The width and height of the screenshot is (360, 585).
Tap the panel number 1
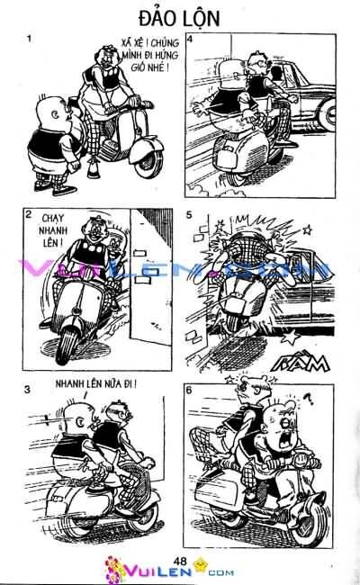(x=30, y=39)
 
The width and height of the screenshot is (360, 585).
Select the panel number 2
(x=30, y=215)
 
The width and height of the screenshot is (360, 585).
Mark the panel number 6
(x=188, y=389)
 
